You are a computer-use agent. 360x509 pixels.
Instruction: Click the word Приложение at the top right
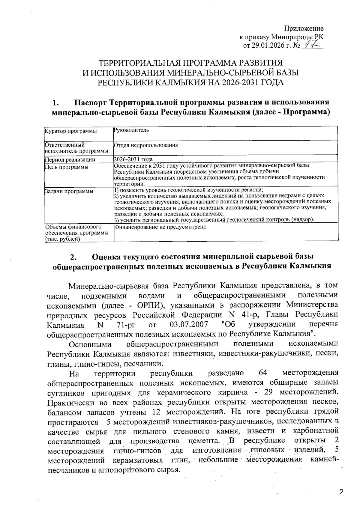(x=304, y=29)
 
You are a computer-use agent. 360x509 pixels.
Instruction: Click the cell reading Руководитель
(x=131, y=130)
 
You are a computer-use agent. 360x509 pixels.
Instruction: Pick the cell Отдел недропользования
(x=146, y=145)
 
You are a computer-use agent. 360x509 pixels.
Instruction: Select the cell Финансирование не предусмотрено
(x=160, y=227)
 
